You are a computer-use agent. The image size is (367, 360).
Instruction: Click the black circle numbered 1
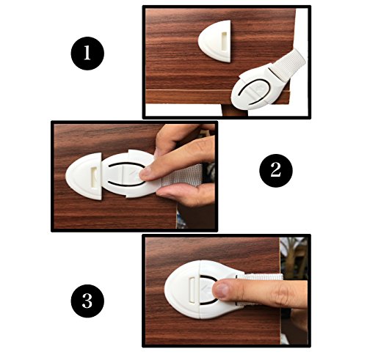tap(87, 54)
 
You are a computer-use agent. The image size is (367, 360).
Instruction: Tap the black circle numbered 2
tap(276, 170)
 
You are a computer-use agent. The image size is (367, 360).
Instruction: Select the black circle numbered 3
tap(87, 301)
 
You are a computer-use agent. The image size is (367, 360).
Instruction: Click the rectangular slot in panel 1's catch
tap(224, 42)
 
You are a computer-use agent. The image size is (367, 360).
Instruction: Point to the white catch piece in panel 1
tap(215, 41)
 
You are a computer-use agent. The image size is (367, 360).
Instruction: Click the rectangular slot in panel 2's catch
tap(95, 177)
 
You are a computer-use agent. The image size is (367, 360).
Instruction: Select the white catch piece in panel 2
tap(84, 176)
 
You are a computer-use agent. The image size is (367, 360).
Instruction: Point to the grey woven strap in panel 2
tap(182, 175)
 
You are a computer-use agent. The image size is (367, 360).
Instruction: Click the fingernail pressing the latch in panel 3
tap(222, 290)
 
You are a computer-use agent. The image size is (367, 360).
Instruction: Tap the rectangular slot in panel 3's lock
tap(192, 290)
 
